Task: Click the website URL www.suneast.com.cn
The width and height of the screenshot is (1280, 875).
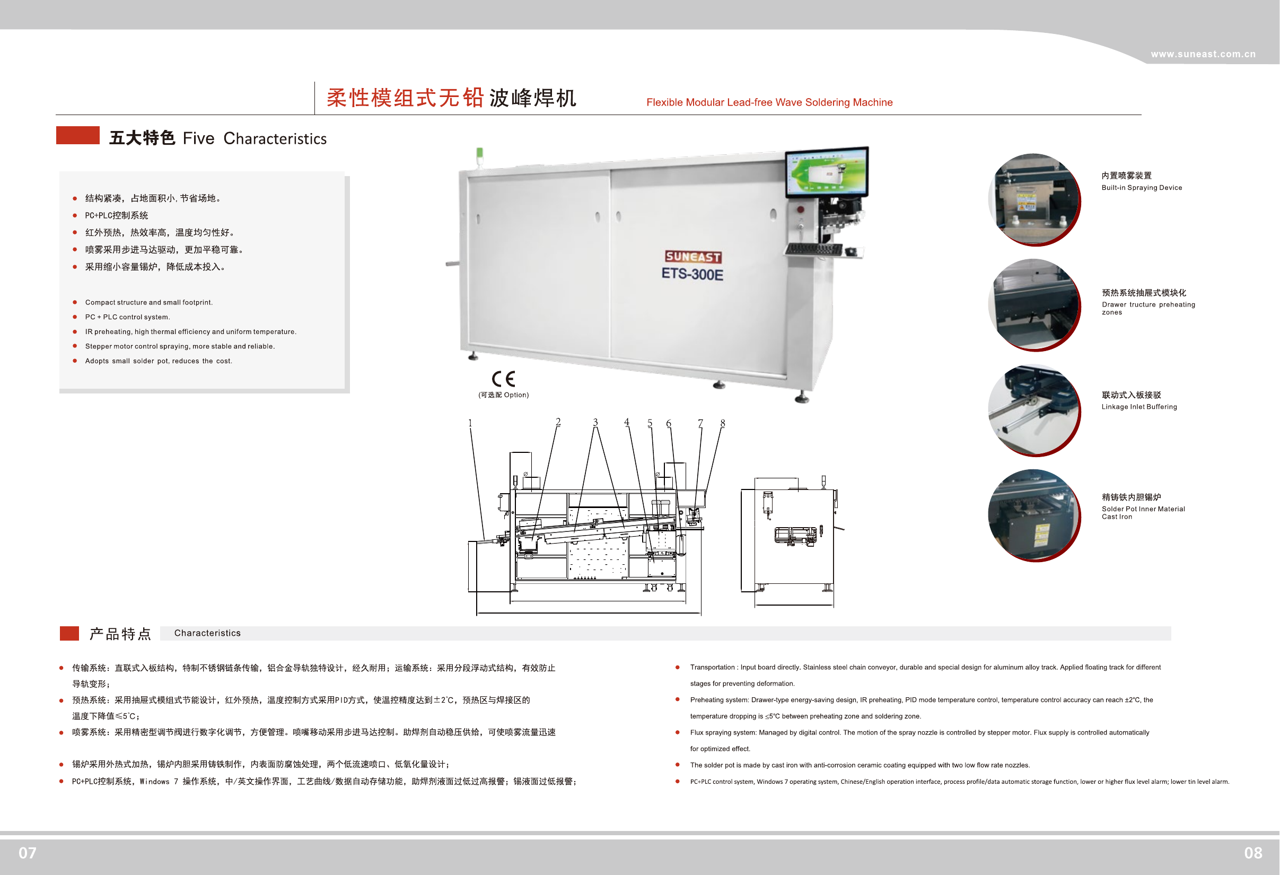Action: point(1203,54)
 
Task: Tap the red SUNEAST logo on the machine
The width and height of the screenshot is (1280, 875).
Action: point(693,257)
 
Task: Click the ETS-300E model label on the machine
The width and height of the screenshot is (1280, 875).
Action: point(692,274)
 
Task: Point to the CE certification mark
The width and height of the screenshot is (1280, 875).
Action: point(503,379)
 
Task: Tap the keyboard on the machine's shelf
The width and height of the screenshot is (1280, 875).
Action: point(814,250)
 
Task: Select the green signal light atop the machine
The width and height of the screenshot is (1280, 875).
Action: point(480,154)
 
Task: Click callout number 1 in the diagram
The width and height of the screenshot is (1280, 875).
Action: point(470,423)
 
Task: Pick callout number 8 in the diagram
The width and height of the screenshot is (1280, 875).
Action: point(723,423)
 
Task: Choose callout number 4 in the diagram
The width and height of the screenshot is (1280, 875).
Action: point(627,422)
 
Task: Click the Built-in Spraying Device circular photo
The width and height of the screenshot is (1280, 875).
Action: point(1033,199)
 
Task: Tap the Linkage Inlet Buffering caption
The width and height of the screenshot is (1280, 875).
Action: point(1139,407)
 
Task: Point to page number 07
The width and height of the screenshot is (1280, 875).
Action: point(28,853)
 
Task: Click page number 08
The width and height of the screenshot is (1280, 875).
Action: point(1253,853)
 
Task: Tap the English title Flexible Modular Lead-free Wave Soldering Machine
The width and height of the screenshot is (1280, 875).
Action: point(769,102)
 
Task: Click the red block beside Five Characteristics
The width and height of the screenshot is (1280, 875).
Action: point(77,136)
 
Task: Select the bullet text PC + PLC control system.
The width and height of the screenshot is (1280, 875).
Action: point(127,317)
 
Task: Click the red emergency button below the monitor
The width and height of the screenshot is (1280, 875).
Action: point(800,209)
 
